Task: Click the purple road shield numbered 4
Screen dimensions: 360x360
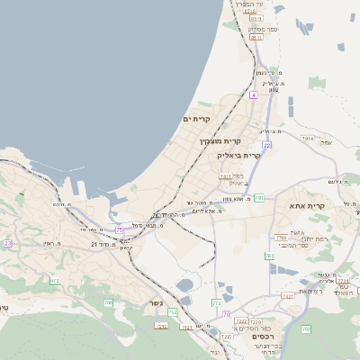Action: coord(254,94)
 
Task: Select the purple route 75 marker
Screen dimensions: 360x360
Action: coord(119,229)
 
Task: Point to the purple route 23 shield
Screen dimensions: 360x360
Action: coord(8,243)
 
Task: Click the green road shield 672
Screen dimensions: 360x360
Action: coord(54,281)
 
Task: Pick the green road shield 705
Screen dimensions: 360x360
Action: coord(108,303)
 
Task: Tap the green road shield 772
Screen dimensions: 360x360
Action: coord(216,304)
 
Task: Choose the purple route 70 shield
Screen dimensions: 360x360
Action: coord(227,315)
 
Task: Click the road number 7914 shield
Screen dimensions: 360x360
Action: coord(308,139)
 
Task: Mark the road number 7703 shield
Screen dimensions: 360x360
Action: coord(281,237)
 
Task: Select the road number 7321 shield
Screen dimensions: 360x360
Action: coord(225,176)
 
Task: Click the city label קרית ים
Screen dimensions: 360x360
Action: coord(195,119)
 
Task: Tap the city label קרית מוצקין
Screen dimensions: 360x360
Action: coord(221,141)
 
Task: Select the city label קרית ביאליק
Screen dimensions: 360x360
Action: coord(238,155)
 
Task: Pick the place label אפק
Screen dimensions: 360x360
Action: coord(326,142)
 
